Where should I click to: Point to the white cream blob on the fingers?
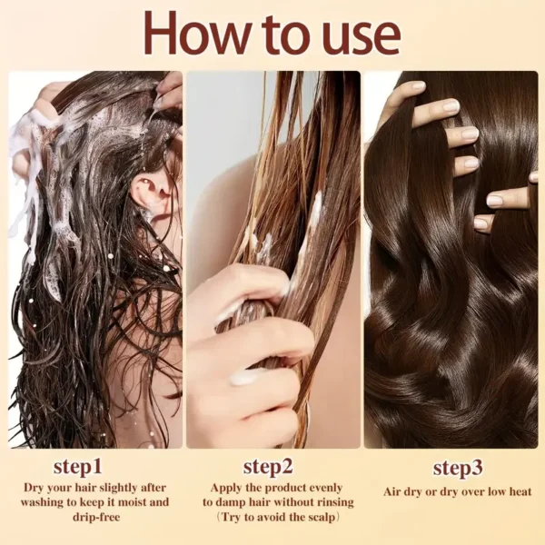coord(246,375)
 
